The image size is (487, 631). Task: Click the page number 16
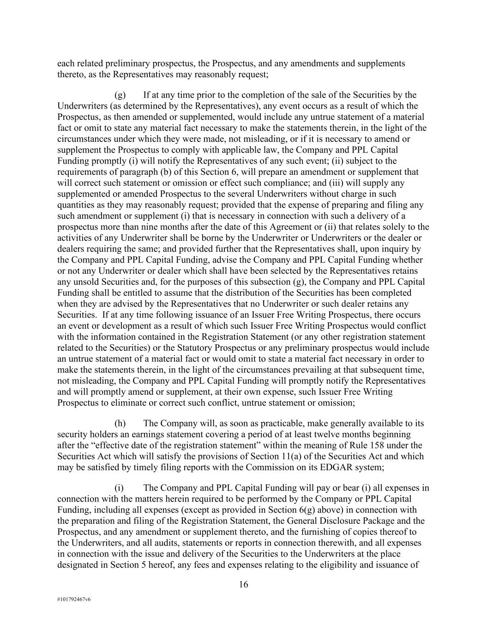243,584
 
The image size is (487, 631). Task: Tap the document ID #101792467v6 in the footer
74,599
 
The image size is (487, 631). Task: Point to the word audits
164,543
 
